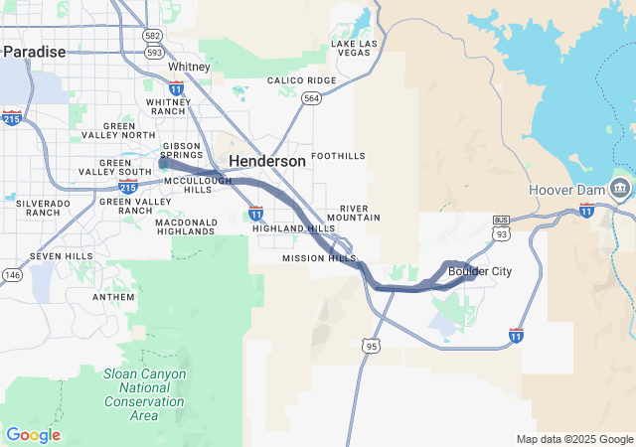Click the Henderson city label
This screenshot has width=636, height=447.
tap(267, 161)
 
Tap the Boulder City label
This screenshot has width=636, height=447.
tap(479, 270)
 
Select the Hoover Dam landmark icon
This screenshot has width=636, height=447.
tap(619, 188)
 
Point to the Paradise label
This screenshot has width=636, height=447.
tap(34, 52)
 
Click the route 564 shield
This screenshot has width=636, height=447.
tap(312, 98)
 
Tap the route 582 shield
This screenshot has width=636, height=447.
tap(152, 36)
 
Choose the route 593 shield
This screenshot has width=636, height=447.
tap(153, 54)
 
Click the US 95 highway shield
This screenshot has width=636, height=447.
tap(371, 346)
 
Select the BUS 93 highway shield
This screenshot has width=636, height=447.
tap(501, 226)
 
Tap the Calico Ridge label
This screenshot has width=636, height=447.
tap(301, 80)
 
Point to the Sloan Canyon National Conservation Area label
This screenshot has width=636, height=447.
tap(144, 394)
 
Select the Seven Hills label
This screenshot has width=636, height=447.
tap(61, 256)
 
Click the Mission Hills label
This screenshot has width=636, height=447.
tap(319, 258)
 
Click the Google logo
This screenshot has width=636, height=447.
tap(33, 435)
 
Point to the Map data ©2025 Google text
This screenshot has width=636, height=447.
tap(574, 439)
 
